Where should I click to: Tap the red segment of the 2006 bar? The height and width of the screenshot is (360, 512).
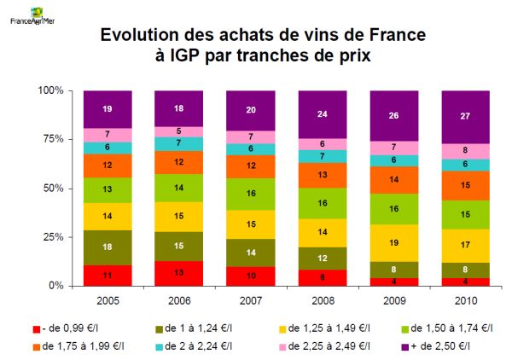click(178, 273)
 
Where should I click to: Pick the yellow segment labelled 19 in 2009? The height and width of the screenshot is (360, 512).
click(393, 243)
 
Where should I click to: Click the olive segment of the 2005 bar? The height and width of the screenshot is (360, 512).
click(107, 247)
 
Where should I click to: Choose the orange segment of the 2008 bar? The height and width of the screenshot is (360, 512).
click(322, 175)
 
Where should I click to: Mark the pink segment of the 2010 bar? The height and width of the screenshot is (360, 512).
click(465, 151)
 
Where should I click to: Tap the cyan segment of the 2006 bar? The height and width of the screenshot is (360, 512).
click(178, 143)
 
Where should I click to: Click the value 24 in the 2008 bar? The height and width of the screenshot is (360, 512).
click(322, 113)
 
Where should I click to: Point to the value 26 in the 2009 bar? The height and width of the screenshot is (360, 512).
click(393, 116)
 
